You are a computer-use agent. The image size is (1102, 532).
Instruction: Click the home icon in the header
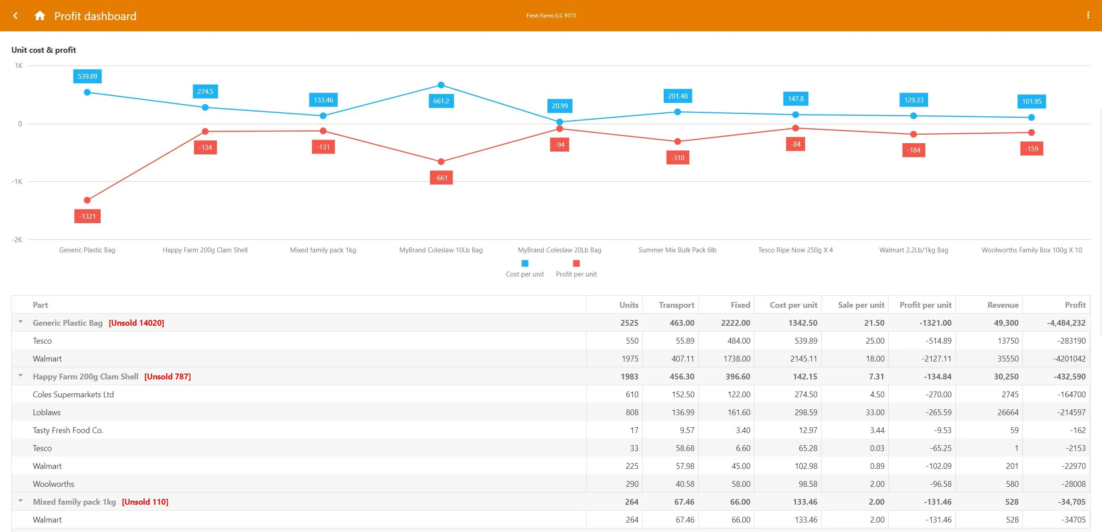(x=40, y=16)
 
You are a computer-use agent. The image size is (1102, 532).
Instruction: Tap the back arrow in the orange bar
(x=16, y=16)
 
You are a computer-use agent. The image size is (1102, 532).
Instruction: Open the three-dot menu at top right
(x=1088, y=15)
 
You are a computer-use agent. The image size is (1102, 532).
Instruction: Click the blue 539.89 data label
(x=87, y=76)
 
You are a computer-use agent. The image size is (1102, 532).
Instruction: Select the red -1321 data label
(x=87, y=216)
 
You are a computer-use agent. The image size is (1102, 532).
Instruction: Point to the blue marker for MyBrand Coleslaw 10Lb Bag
(x=441, y=85)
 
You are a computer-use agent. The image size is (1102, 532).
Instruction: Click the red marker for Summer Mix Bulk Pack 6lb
(x=678, y=141)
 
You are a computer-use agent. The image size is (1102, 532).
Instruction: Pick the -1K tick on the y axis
(x=17, y=181)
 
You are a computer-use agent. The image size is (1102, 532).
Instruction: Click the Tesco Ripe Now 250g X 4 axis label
(x=795, y=250)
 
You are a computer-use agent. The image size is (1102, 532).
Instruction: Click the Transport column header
(x=676, y=305)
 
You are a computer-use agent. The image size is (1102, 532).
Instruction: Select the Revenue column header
(x=1003, y=305)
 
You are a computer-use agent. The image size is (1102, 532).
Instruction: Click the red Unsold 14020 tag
(x=136, y=323)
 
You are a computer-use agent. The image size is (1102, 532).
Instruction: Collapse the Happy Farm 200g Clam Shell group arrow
(x=21, y=375)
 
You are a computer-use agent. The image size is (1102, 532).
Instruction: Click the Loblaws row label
(x=47, y=412)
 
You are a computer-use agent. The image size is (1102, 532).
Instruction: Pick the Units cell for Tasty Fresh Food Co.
(x=634, y=430)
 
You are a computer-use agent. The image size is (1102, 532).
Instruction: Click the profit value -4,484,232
(x=1066, y=323)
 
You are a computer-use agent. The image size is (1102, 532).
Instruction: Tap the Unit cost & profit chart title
(x=44, y=50)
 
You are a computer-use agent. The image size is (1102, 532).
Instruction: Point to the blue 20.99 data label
(x=559, y=106)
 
